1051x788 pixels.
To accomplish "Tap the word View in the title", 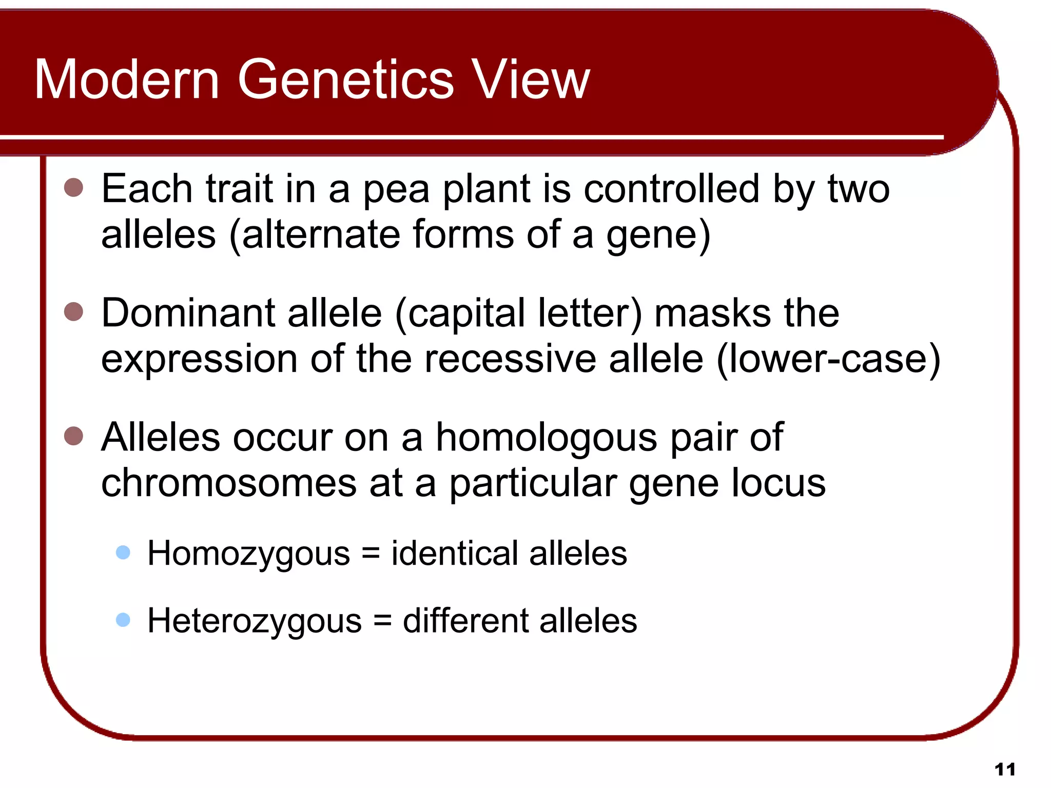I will click(x=531, y=80).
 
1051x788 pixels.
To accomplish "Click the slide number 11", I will click(x=1004, y=770).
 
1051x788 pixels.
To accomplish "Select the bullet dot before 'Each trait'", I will click(x=74, y=188).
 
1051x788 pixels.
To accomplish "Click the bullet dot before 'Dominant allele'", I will click(x=74, y=311).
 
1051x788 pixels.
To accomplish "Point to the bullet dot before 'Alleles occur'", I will click(x=74, y=436).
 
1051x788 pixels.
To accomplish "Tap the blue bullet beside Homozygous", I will click(x=123, y=553).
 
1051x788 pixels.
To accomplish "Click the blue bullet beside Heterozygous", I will click(x=123, y=620).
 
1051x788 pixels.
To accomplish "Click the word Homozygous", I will click(x=248, y=554).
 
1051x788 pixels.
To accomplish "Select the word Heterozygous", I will click(x=255, y=621).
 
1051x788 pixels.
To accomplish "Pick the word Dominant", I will click(x=188, y=313).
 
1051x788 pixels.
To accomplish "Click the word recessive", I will click(x=510, y=359).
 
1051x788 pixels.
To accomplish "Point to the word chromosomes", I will click(x=229, y=483).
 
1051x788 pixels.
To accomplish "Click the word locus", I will click(x=778, y=483).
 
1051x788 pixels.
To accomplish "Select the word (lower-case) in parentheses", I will click(x=828, y=359).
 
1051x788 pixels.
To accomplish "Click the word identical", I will click(x=455, y=554).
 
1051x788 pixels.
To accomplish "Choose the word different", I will click(x=466, y=621).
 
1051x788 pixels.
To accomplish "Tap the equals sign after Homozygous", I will click(x=371, y=554).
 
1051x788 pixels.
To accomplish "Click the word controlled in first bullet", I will click(x=671, y=189).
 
